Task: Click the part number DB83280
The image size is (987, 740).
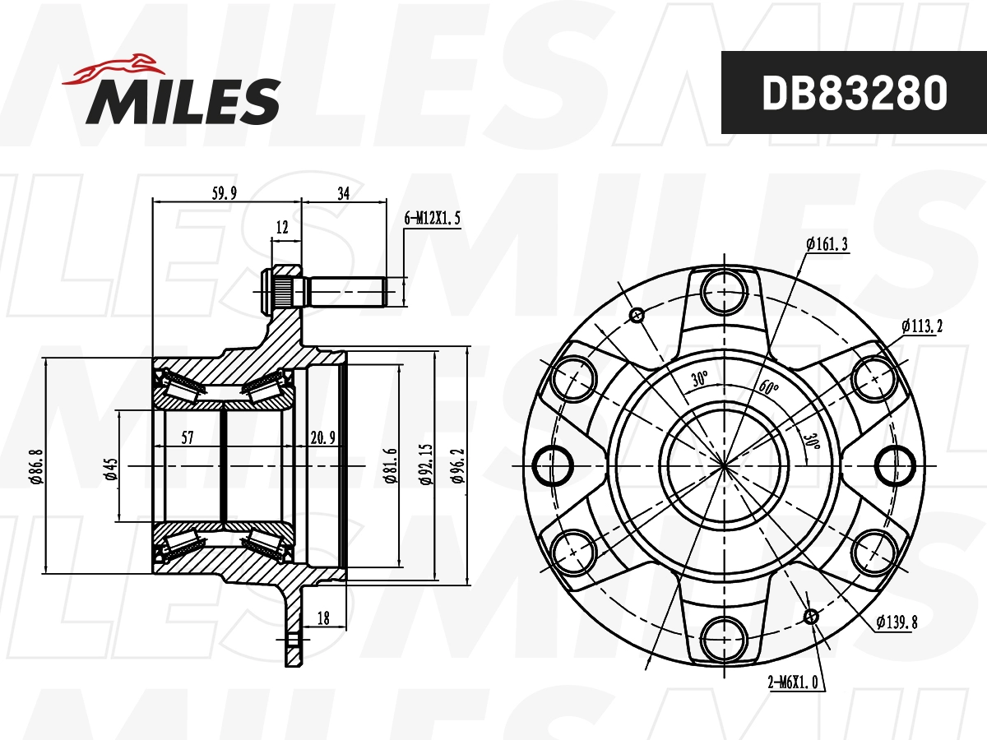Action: pyautogui.click(x=854, y=93)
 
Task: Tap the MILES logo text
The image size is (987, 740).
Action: pyautogui.click(x=183, y=102)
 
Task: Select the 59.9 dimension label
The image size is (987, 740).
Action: pyautogui.click(x=225, y=193)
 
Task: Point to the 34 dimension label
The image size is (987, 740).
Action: pyautogui.click(x=344, y=193)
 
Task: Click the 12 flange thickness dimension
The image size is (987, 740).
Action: pyautogui.click(x=283, y=227)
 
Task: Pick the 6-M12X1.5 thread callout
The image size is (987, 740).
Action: pyautogui.click(x=433, y=219)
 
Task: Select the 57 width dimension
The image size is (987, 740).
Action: pyautogui.click(x=187, y=437)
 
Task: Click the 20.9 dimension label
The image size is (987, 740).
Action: pyautogui.click(x=322, y=437)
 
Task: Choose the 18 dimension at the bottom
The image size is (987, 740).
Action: pyautogui.click(x=323, y=618)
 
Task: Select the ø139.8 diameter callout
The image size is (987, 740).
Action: pyautogui.click(x=896, y=622)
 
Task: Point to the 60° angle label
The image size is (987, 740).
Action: pyautogui.click(x=770, y=387)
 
